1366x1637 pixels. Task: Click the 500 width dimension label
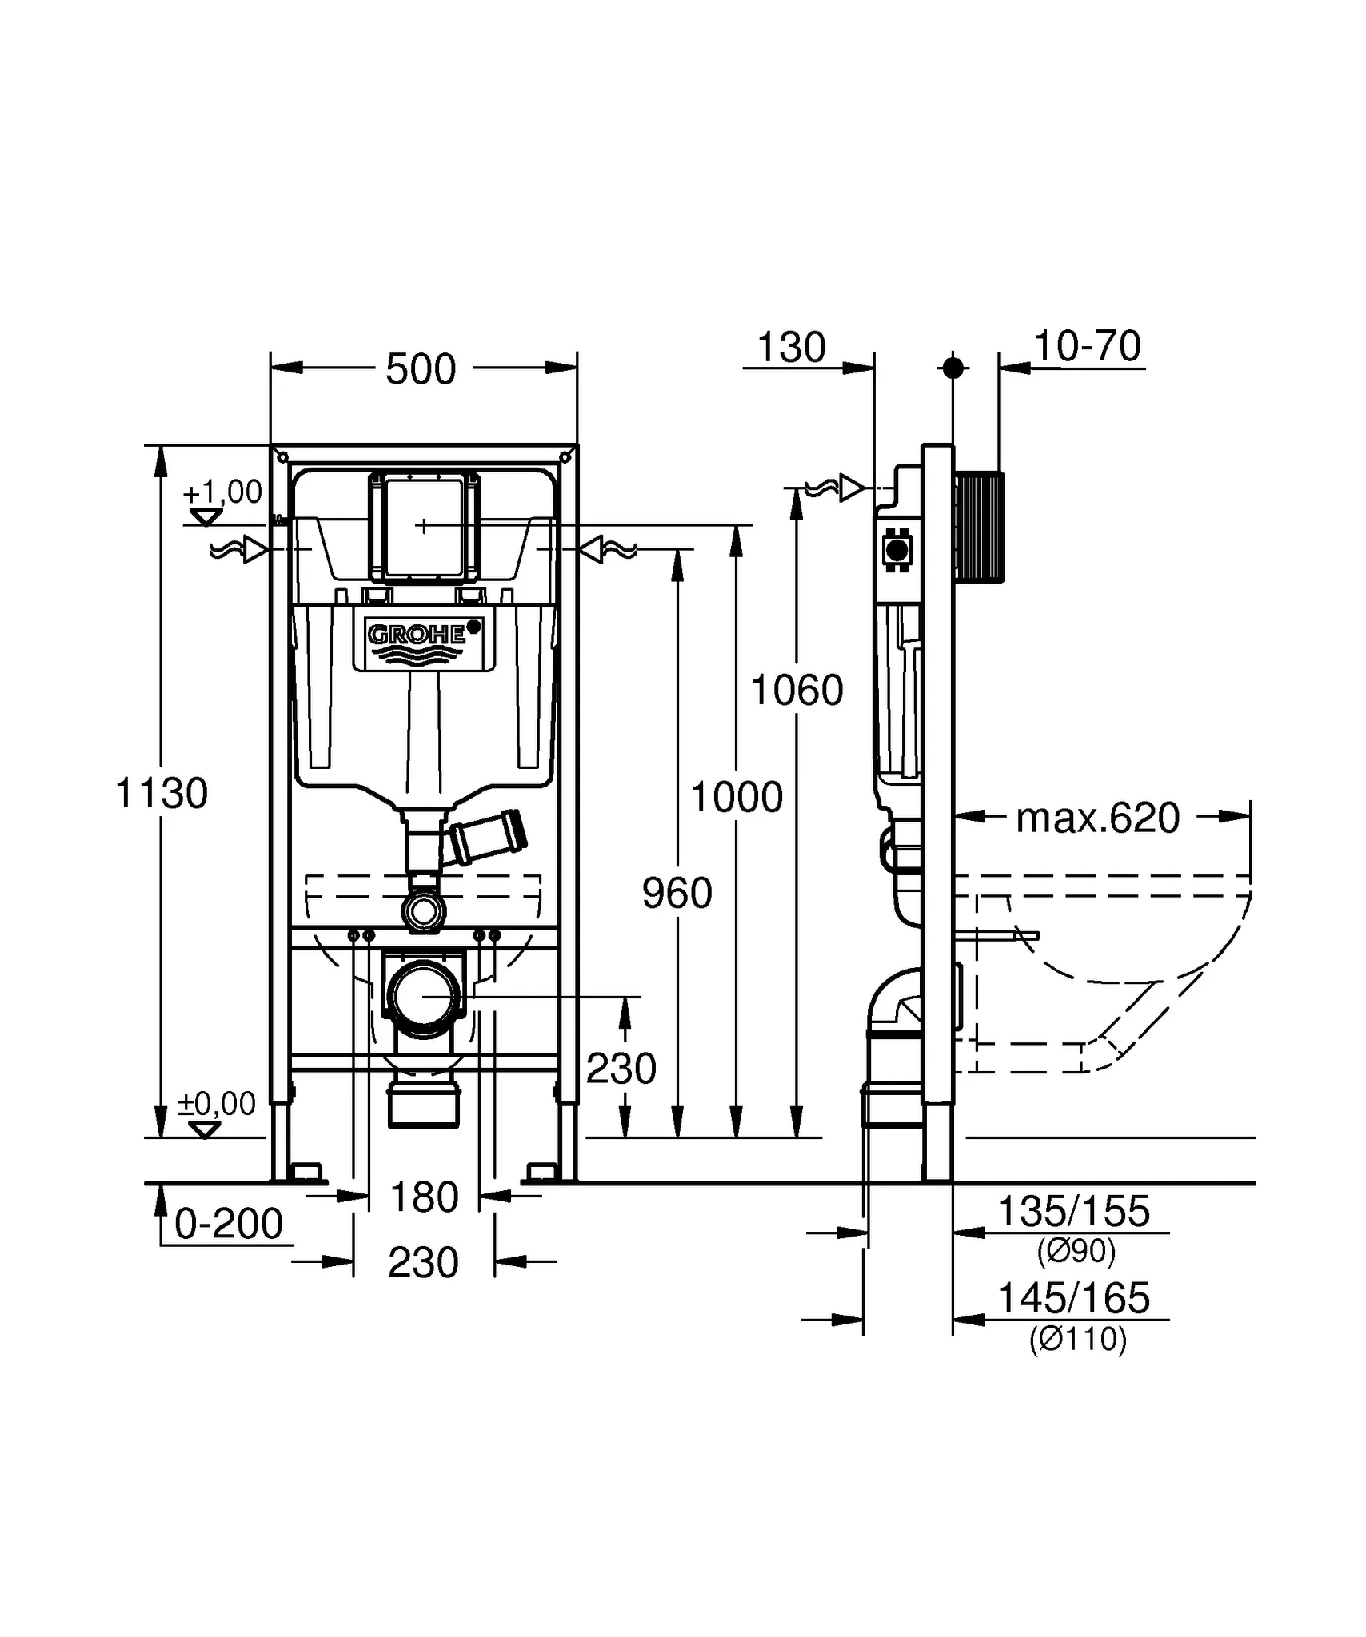pos(421,369)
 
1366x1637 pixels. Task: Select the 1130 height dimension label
pos(162,794)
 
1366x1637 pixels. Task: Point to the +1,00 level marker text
pos(223,492)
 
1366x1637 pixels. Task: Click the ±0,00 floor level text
pos(217,1104)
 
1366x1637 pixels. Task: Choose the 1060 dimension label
pos(797,691)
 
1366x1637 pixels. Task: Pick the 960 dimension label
pos(677,893)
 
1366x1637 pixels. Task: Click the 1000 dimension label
pos(736,797)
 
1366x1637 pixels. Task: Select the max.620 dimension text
pos(1097,818)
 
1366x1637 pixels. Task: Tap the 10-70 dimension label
pos(1087,346)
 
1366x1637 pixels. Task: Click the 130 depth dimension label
pos(791,348)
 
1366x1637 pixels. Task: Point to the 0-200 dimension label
pos(229,1224)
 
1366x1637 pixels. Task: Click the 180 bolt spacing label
pos(424,1197)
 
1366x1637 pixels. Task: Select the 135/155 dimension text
pos(1073,1211)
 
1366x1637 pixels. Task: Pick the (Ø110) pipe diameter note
pos(1077,1338)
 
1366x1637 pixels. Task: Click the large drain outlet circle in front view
pos(424,996)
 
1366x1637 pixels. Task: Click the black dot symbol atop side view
pos(953,368)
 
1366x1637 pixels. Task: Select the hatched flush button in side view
pos(979,527)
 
